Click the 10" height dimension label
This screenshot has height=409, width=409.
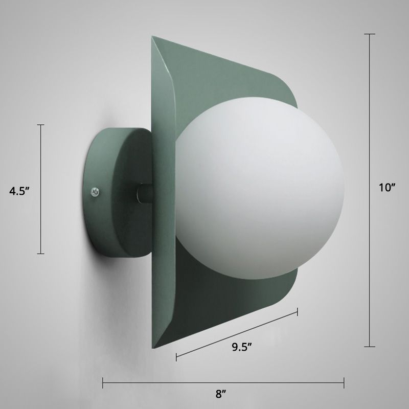tap(387, 187)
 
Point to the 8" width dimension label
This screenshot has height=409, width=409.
tap(220, 394)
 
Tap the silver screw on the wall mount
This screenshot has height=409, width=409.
tap(95, 192)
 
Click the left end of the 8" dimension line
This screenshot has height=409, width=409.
tap(103, 381)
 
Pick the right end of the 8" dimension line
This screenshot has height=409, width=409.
tap(344, 381)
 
